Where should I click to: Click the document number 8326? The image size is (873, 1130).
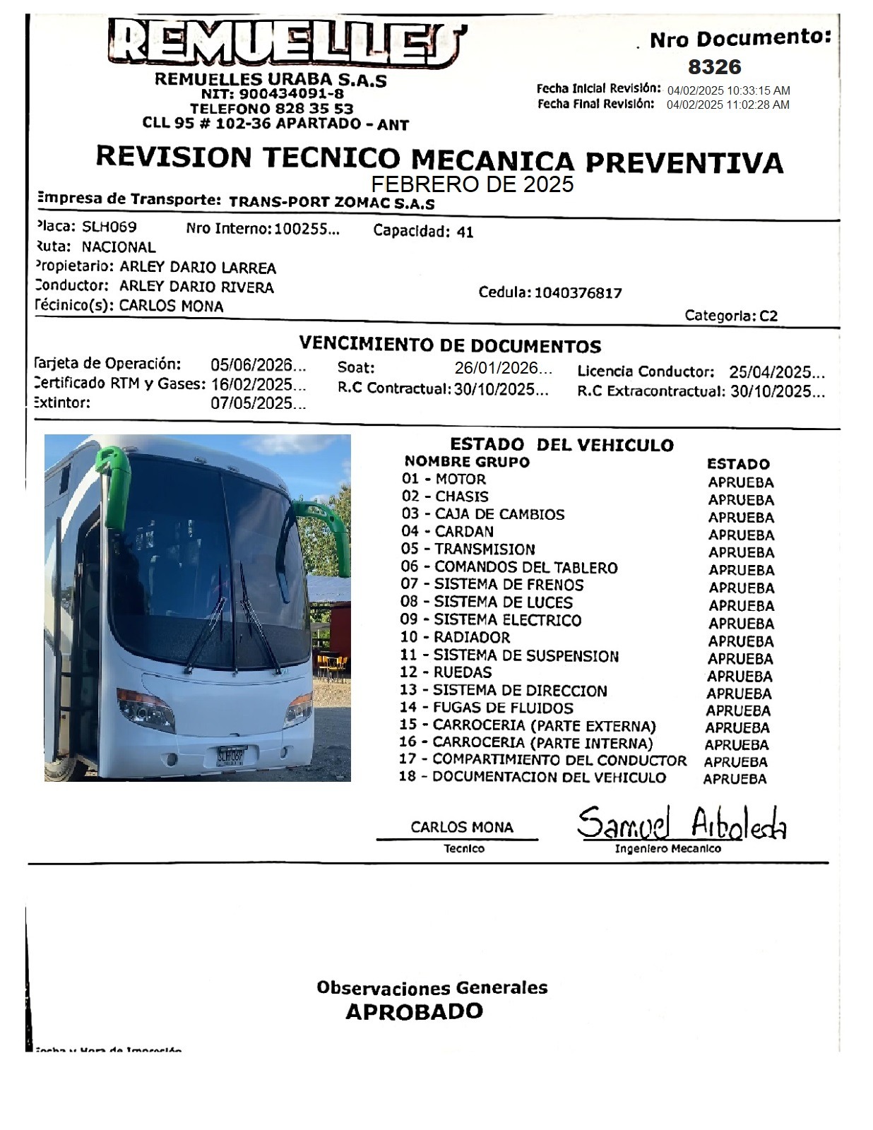coord(714,67)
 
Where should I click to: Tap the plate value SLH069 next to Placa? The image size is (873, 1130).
coord(109,227)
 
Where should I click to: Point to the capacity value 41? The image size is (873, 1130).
coord(465,232)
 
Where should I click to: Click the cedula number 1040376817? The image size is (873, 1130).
coord(578,293)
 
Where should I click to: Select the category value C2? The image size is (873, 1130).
coord(768,316)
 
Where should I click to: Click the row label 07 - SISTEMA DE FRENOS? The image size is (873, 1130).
coord(492,585)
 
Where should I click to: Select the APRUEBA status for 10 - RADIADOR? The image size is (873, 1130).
coord(741,641)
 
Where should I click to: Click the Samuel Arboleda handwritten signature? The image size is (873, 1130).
coord(681,824)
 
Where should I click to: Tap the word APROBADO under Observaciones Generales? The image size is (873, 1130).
coord(414,1011)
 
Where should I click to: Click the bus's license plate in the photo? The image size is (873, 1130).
coord(230,755)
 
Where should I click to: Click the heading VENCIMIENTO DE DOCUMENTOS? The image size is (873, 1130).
coord(450,345)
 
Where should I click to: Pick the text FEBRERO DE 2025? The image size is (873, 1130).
coord(472,184)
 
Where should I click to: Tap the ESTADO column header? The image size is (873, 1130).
coord(738,464)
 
